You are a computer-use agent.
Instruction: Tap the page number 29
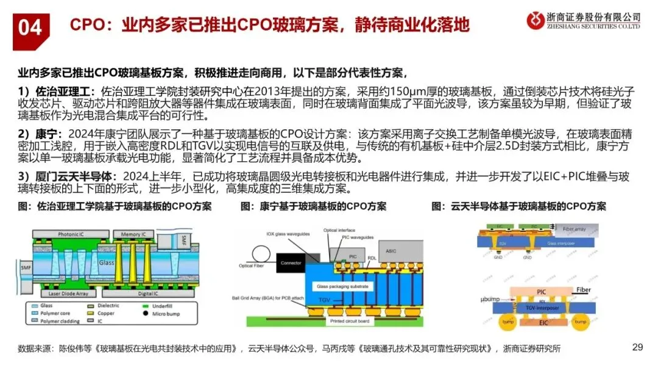click(637, 348)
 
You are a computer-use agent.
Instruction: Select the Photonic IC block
click(75, 234)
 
